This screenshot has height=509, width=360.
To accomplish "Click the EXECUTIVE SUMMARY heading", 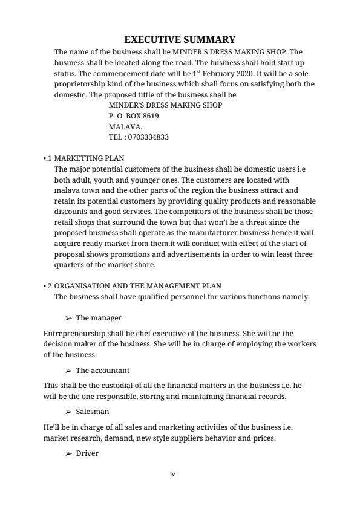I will pos(180,40).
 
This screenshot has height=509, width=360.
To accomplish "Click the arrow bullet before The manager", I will pos(68,318).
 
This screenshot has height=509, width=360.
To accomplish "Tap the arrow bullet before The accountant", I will pos(68,371).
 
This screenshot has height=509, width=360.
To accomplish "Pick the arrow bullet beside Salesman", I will pos(68,412).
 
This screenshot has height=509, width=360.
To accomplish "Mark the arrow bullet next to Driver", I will pos(68,453).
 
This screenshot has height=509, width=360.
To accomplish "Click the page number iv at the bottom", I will pos(172,475).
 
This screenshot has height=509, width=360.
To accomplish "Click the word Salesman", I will pos(93,412).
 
